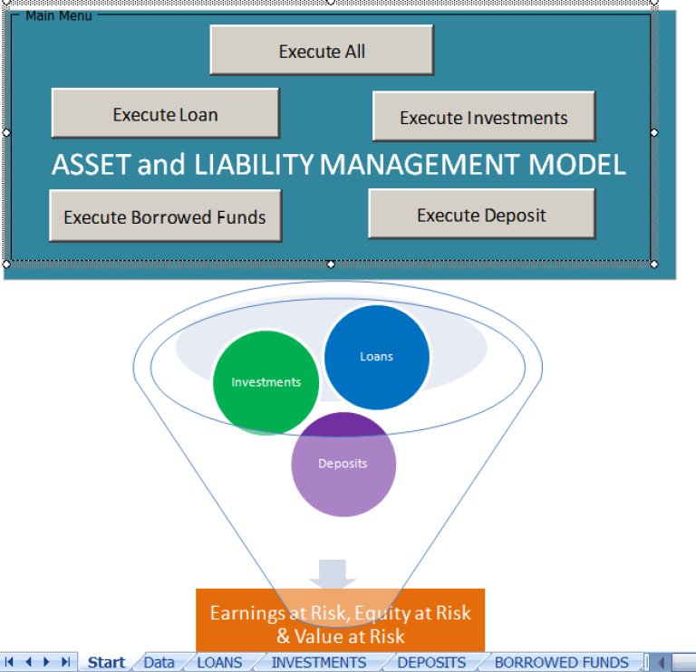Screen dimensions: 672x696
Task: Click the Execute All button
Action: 322,51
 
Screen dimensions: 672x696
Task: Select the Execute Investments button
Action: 484,118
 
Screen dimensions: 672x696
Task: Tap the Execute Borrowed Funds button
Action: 165,216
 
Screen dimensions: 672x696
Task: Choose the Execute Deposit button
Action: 481,215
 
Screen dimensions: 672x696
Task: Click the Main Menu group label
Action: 58,16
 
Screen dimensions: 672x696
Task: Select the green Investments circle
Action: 266,381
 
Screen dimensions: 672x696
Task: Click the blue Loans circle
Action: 376,356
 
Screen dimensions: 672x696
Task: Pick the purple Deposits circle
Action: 343,463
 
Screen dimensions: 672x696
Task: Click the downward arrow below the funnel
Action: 332,573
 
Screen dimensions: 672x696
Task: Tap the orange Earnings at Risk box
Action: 340,623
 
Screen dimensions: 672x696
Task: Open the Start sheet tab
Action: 106,662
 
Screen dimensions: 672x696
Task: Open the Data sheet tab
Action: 159,662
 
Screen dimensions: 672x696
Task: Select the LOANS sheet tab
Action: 219,662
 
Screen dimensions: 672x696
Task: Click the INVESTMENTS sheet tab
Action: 318,662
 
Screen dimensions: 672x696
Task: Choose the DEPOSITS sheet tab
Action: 431,662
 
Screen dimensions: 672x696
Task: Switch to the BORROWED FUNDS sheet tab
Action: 561,662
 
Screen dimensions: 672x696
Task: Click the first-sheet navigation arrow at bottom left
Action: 10,662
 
